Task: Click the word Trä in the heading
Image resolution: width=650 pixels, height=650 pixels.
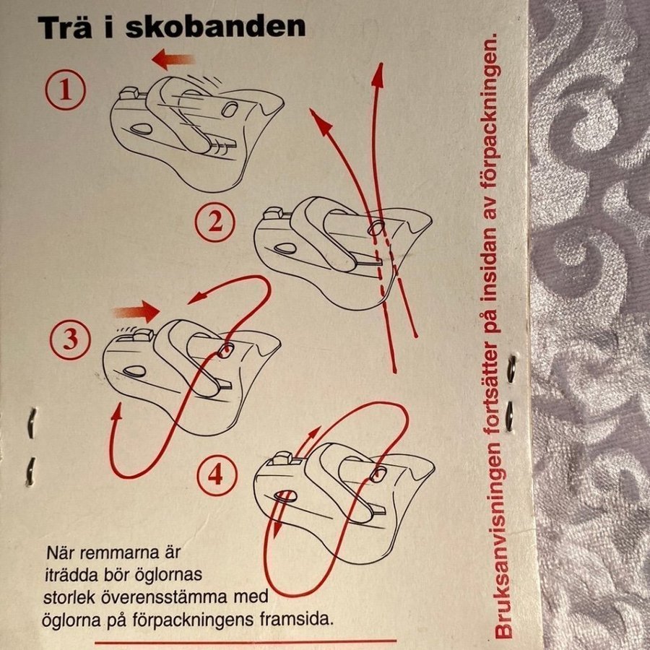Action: [x=65, y=27]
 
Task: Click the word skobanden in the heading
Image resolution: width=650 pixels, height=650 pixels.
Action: [x=215, y=27]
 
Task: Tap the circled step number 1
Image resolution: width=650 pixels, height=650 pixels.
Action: [x=65, y=90]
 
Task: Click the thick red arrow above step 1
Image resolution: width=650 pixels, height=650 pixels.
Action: [x=173, y=59]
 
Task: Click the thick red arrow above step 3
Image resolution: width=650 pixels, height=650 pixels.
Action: [x=136, y=312]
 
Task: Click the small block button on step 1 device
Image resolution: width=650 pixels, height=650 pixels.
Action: [x=129, y=93]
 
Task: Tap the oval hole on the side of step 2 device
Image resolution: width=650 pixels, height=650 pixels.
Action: [x=285, y=249]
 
